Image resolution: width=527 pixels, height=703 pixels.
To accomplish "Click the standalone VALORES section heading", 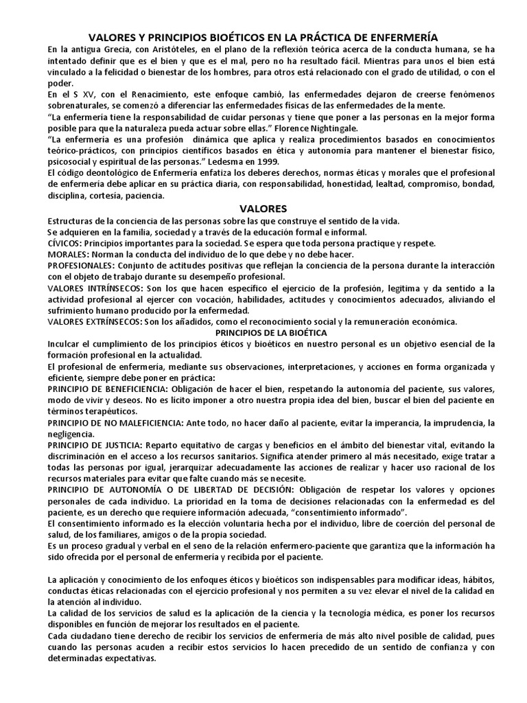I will tap(263, 208).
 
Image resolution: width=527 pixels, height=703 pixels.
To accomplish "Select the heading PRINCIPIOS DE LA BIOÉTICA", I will tap(263, 332).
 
